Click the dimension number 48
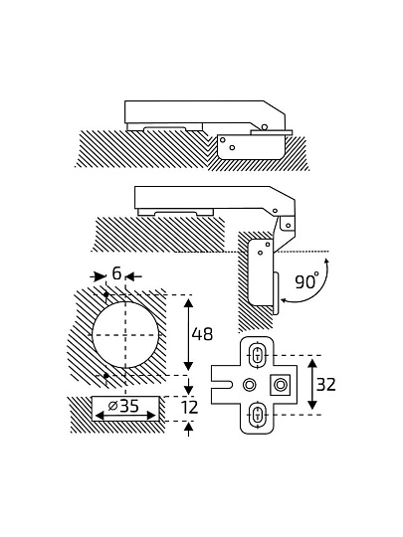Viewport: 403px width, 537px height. tap(202, 334)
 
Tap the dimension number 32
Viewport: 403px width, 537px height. tap(326, 385)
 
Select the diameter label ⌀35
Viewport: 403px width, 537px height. tap(123, 406)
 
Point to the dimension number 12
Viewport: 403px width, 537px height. tap(189, 407)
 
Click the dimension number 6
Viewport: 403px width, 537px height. tap(116, 273)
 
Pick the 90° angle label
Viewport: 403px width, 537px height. tap(307, 281)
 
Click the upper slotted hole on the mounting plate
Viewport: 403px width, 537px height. tap(258, 355)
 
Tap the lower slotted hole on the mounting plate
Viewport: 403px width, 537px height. tap(258, 415)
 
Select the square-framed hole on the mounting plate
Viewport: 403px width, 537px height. tap(281, 385)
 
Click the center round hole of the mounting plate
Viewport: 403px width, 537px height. tap(249, 385)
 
